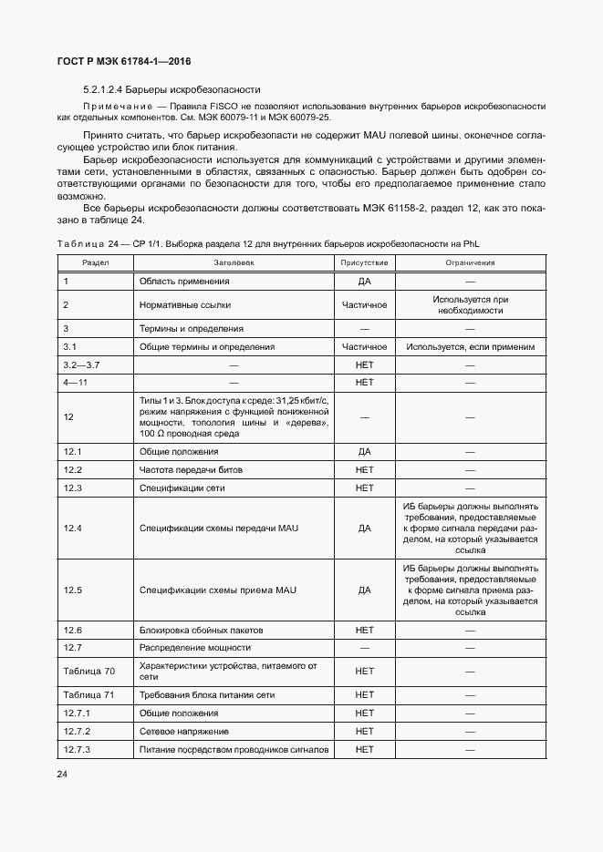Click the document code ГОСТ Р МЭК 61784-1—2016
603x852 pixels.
tap(124, 61)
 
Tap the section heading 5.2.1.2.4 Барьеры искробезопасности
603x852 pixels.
tap(172, 89)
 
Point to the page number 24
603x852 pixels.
tap(62, 775)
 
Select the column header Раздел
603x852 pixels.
tap(96, 262)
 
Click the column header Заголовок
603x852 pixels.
tap(234, 262)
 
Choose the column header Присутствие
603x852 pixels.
tap(364, 262)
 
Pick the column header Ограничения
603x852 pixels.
tap(470, 262)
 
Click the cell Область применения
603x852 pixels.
tap(178, 282)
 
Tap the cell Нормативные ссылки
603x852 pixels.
tap(180, 304)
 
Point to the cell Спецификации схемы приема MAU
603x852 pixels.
tap(218, 590)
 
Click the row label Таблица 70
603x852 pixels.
tap(88, 672)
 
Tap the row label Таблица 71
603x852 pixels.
tap(88, 695)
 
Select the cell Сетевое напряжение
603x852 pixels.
tap(181, 731)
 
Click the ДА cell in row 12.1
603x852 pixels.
tap(364, 451)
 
